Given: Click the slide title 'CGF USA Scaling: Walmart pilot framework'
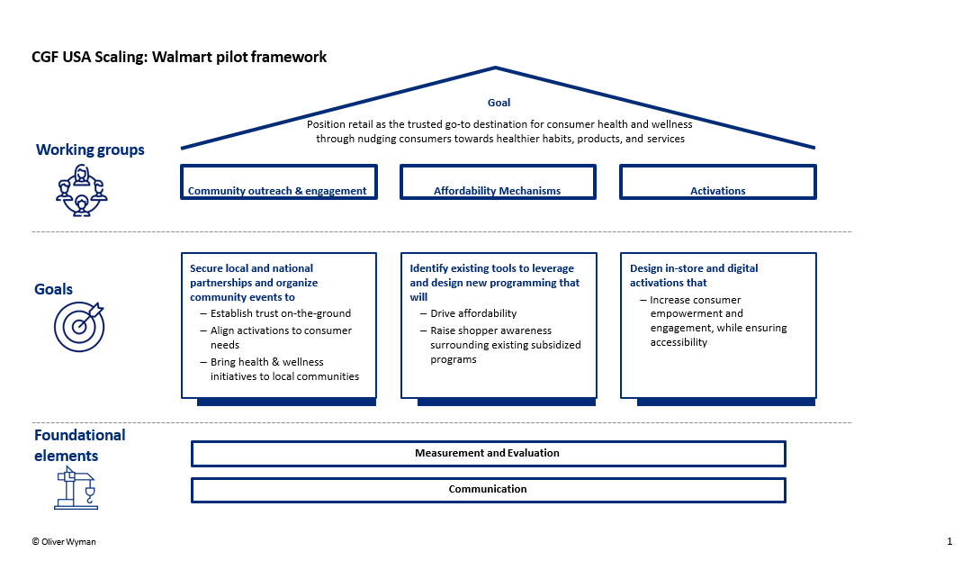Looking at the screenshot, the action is coord(179,57).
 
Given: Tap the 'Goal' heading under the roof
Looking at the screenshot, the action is coord(499,103).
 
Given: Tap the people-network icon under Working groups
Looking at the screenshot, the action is coord(82,190).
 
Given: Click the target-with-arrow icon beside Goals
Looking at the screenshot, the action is coord(79,327).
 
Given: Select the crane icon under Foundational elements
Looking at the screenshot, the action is coord(76,488).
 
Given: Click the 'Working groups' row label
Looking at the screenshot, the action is coord(90,150).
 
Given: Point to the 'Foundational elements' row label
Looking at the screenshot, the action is coord(80,445).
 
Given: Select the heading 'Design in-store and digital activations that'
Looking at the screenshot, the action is coord(694,276).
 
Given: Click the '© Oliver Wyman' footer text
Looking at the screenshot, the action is coord(64,542).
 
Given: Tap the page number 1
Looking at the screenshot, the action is coord(949,541).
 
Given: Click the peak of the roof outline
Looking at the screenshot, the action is coord(496,68).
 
